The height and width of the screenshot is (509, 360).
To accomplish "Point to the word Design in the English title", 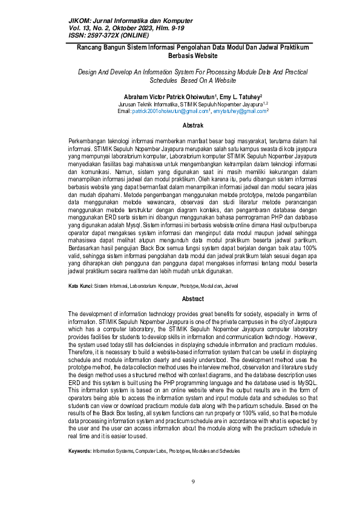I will click(89, 71).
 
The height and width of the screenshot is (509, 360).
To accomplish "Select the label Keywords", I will click(79, 451).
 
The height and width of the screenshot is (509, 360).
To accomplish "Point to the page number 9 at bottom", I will click(192, 481).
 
